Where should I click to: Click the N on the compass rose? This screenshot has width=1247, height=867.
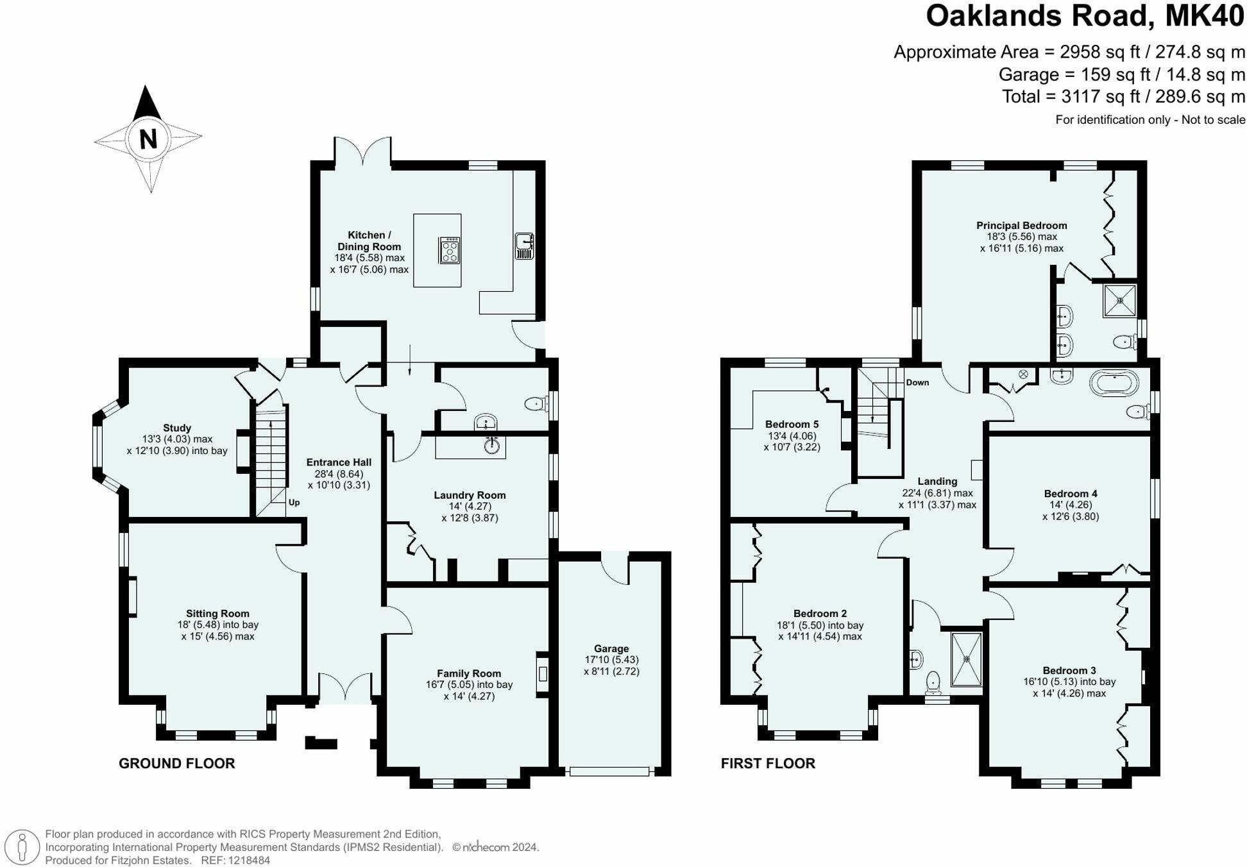(x=148, y=139)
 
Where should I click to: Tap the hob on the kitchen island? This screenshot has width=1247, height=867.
(x=450, y=250)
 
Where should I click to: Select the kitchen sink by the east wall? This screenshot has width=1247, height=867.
(x=524, y=246)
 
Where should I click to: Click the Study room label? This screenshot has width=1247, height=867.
(x=177, y=428)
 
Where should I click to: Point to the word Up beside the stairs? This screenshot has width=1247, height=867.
(x=294, y=502)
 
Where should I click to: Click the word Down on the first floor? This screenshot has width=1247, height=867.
(x=917, y=382)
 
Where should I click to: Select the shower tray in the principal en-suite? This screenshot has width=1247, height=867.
(x=1120, y=300)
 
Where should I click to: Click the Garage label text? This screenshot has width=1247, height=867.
(x=611, y=648)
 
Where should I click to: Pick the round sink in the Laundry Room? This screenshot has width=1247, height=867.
(x=492, y=446)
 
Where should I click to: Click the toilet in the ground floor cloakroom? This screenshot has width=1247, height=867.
(x=535, y=403)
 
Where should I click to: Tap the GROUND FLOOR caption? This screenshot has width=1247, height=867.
(x=176, y=763)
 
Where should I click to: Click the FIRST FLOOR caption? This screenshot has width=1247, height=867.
(x=768, y=763)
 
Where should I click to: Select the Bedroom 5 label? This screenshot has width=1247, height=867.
(x=792, y=424)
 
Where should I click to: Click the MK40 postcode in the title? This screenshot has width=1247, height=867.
(x=1204, y=16)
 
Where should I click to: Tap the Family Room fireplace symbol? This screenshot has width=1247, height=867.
(x=543, y=673)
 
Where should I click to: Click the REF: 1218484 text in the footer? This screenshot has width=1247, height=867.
(x=235, y=861)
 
